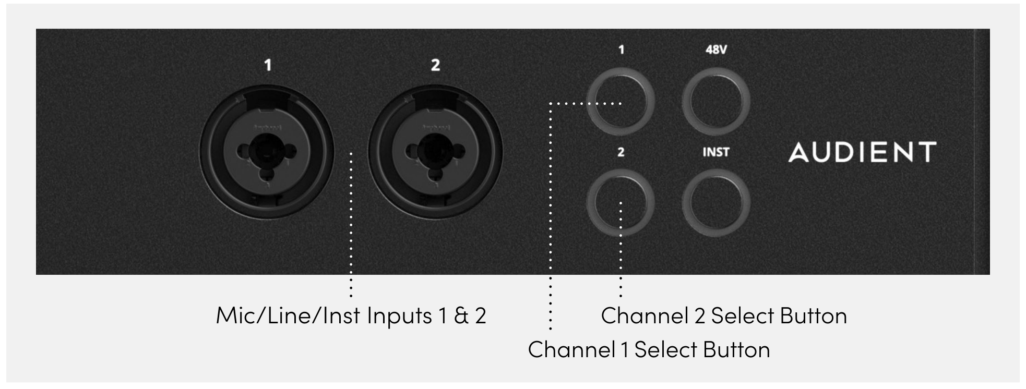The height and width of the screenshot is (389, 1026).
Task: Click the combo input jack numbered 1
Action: [x=267, y=152]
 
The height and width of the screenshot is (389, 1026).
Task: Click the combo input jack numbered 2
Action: [x=435, y=152]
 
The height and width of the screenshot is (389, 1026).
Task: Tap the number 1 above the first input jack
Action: [x=268, y=65]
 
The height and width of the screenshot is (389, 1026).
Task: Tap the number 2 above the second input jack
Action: [x=435, y=65]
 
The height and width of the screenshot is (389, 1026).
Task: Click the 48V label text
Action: [x=716, y=50]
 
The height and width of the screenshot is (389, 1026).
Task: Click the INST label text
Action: [x=716, y=152]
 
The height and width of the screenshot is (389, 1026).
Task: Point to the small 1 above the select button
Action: [x=621, y=50]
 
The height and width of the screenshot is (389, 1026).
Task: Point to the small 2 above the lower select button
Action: [x=621, y=152]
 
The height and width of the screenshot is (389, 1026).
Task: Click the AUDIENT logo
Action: [x=862, y=152]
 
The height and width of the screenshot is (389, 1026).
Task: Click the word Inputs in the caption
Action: [x=400, y=317]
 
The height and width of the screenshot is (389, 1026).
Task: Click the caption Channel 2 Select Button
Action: [x=724, y=316]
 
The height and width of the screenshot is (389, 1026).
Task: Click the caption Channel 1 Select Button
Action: [x=649, y=349]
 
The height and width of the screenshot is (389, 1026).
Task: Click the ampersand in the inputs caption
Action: [x=461, y=316]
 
